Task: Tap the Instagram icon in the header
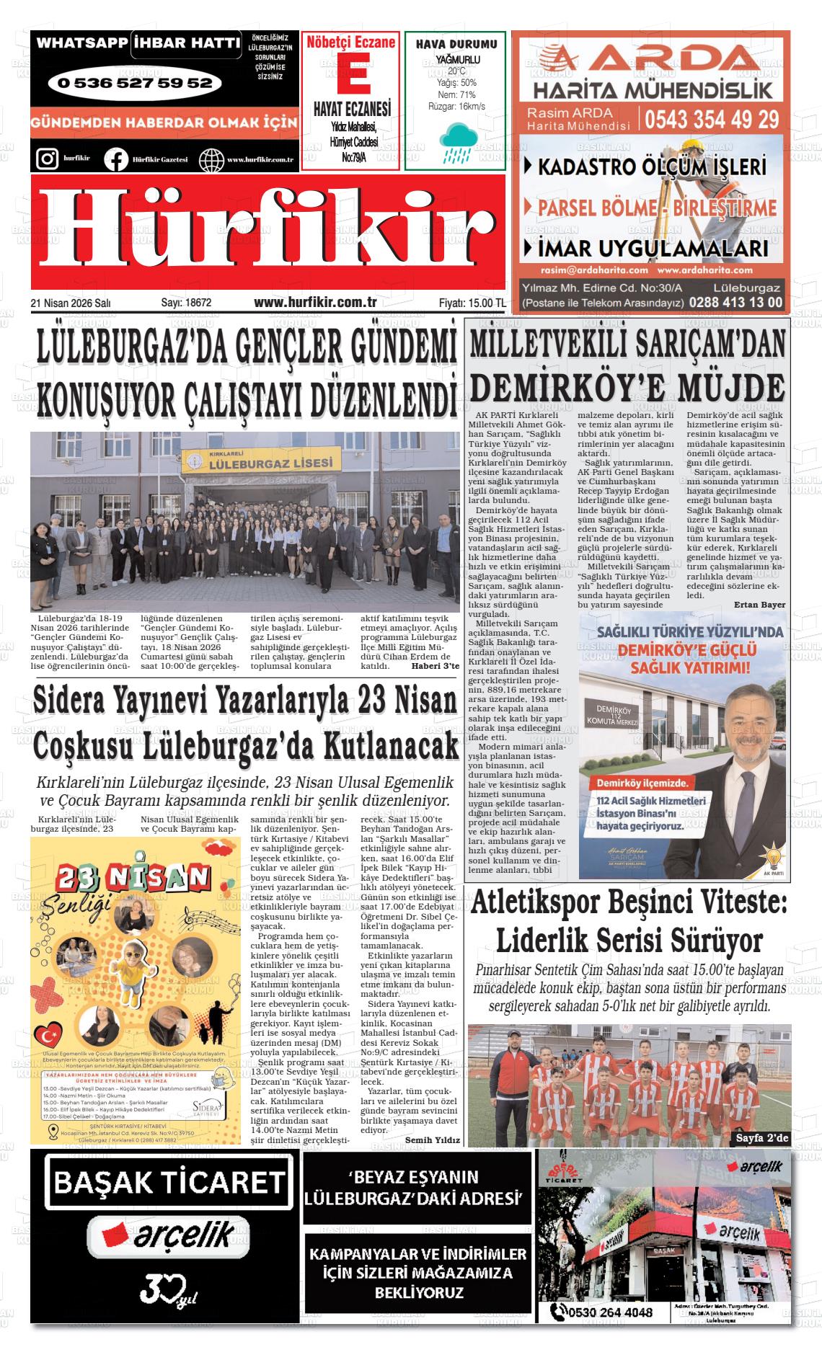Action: coord(47,158)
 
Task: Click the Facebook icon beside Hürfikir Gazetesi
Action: coord(115,159)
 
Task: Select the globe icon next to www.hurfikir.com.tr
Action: coord(211,159)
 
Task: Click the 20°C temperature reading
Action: coord(456,71)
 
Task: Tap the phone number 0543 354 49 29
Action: coord(712,118)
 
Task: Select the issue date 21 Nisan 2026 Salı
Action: coord(71,303)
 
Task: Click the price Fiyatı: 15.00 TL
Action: coord(472,303)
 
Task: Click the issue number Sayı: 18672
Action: coord(186,303)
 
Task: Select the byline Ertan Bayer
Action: coord(760,605)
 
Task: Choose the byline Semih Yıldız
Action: coord(432,1140)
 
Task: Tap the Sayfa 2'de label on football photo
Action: coord(762,1138)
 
